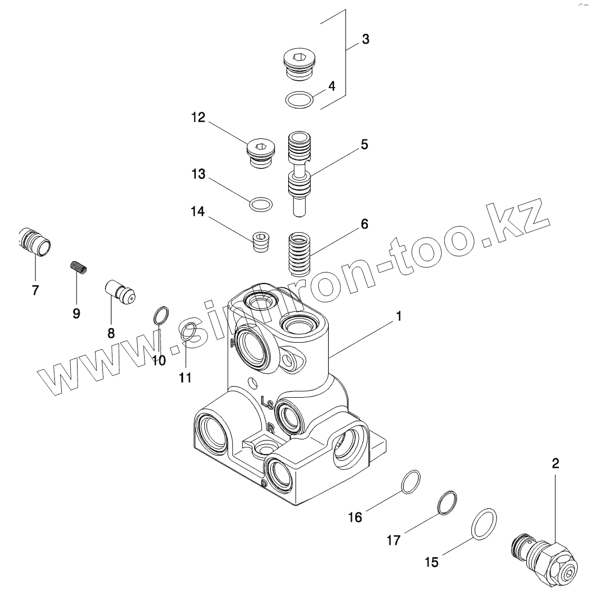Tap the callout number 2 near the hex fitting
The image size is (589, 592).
tap(555, 464)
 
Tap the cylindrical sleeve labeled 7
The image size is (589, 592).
tap(35, 242)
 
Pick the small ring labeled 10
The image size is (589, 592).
tap(161, 316)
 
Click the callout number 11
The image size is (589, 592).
tap(185, 378)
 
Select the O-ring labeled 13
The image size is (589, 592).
tap(261, 204)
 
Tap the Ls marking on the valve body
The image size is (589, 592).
tap(267, 403)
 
